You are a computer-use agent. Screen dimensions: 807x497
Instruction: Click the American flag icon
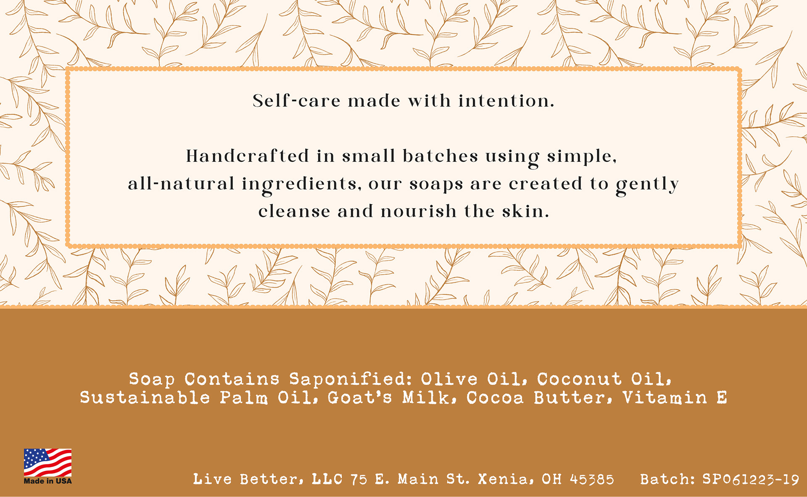coord(47,463)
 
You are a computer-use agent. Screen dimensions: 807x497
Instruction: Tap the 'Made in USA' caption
coord(47,481)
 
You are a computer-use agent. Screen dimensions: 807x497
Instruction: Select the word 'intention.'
coord(506,101)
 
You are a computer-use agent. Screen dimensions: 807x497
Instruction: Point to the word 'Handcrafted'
coord(248,156)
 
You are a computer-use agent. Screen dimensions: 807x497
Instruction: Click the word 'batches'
coord(440,156)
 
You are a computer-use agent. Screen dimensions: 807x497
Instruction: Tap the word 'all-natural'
coord(181,184)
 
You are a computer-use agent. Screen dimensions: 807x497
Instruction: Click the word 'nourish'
coord(419,211)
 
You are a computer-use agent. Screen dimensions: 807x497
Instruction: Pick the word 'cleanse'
coord(294,211)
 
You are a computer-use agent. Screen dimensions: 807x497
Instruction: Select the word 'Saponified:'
coord(351,379)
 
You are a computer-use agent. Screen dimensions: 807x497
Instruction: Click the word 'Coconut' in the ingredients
coord(579,379)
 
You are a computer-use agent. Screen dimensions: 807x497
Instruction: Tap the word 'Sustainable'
coord(145,397)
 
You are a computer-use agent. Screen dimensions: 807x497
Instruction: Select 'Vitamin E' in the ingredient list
coord(675,397)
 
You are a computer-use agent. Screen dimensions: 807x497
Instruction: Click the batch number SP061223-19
coord(751,479)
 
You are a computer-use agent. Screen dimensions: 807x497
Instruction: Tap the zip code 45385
coord(592,479)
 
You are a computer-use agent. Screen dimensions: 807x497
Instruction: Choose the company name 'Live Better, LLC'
coord(268,479)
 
